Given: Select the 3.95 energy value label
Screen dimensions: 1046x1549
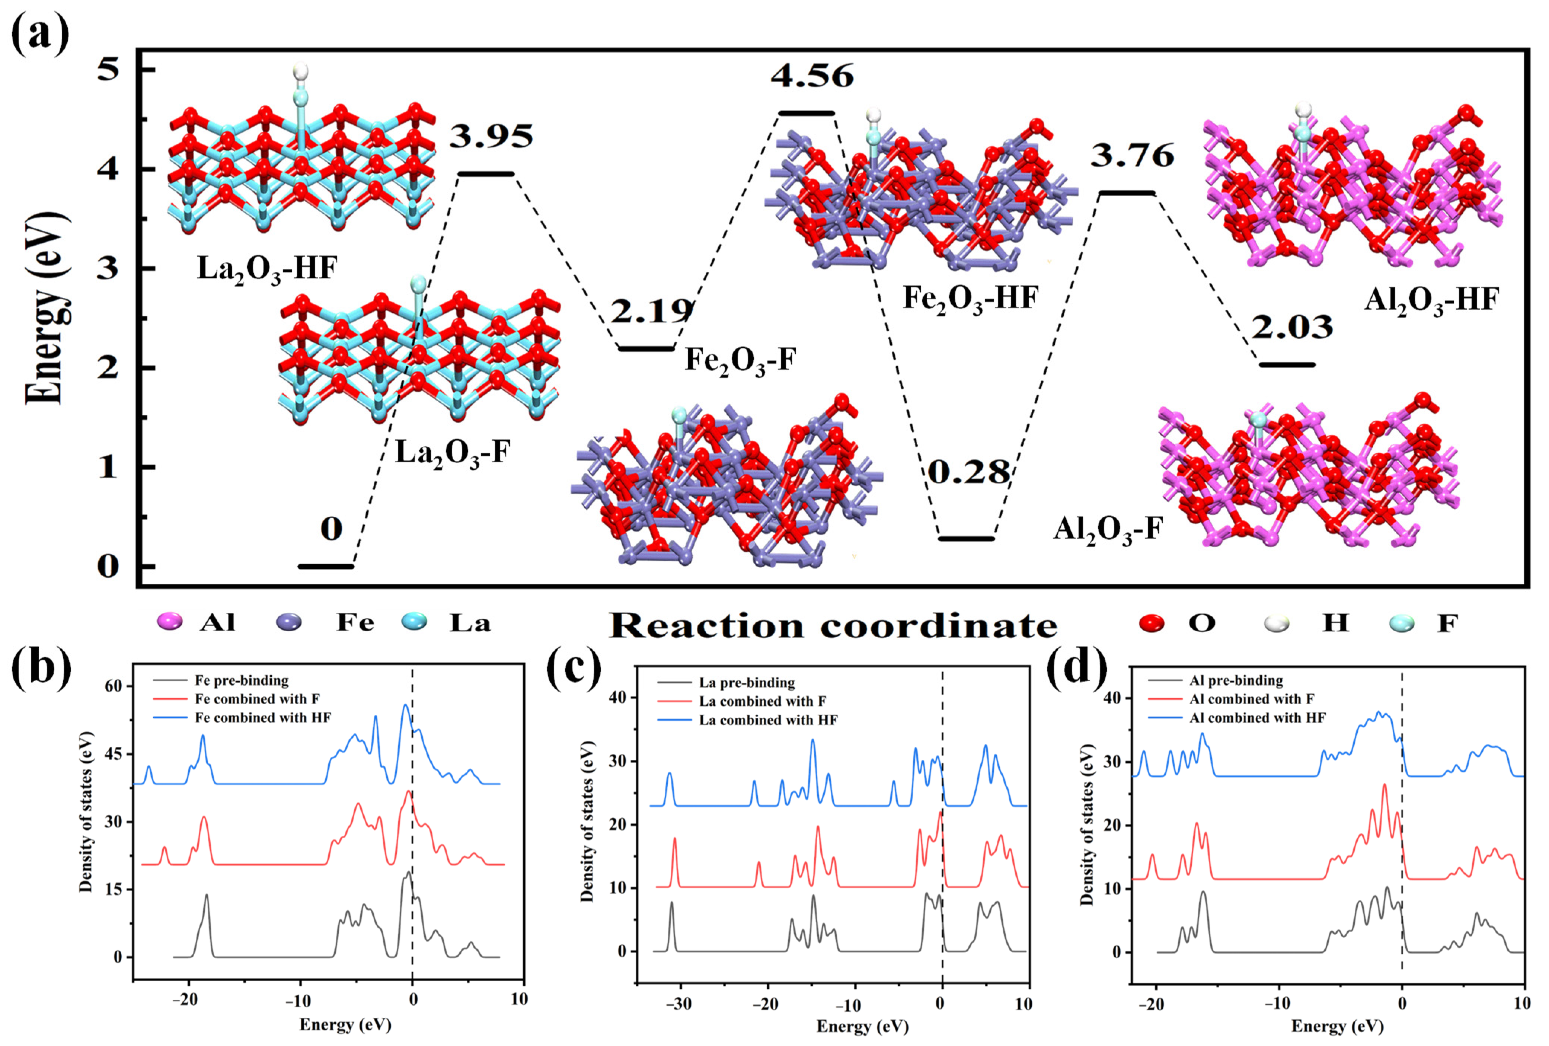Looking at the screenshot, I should (x=491, y=137).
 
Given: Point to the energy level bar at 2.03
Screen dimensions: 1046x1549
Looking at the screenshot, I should (x=1287, y=365).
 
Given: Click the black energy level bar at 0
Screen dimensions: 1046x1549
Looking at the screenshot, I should (x=326, y=567).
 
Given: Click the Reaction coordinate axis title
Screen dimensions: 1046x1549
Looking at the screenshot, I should (x=833, y=625).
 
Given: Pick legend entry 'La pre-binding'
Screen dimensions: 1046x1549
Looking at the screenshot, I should (x=747, y=683).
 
